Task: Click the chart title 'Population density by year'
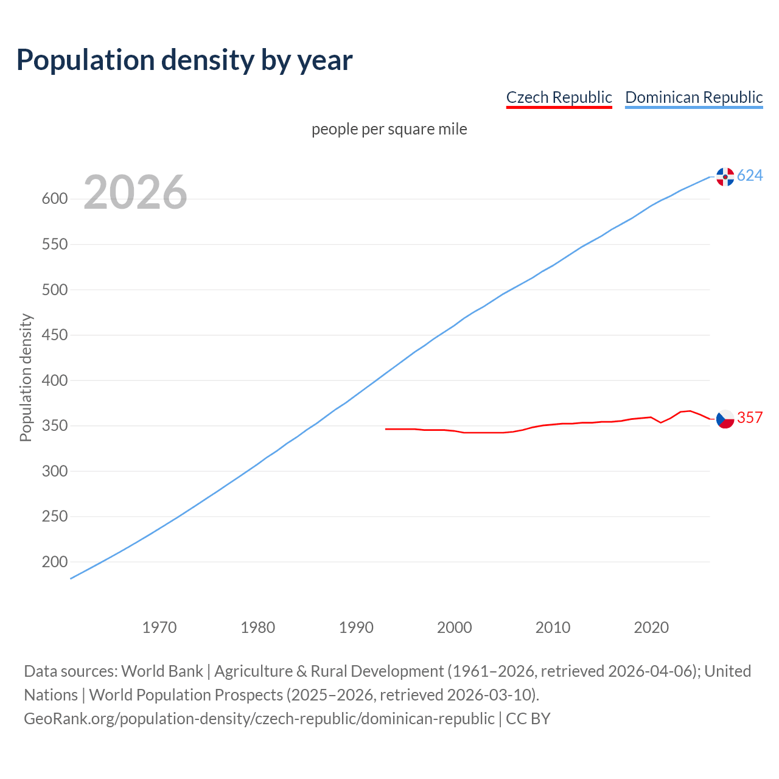point(184,60)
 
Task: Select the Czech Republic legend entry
point(559,97)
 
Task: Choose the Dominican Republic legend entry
point(694,97)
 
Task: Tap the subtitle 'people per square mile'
point(389,129)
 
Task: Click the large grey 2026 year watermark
point(135,192)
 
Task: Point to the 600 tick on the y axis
point(54,199)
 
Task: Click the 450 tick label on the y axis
point(54,335)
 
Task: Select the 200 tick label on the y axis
point(54,562)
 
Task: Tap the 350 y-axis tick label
point(54,426)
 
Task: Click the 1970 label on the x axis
point(159,627)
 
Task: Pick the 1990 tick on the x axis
point(356,627)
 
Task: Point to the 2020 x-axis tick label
point(651,627)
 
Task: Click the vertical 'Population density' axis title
point(26,377)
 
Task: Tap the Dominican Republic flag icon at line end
point(725,176)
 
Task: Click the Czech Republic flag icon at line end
point(725,419)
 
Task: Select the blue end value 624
point(750,176)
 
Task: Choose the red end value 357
point(750,417)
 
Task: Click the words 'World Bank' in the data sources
point(162,671)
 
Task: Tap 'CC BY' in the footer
point(528,719)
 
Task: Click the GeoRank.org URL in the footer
point(259,719)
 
